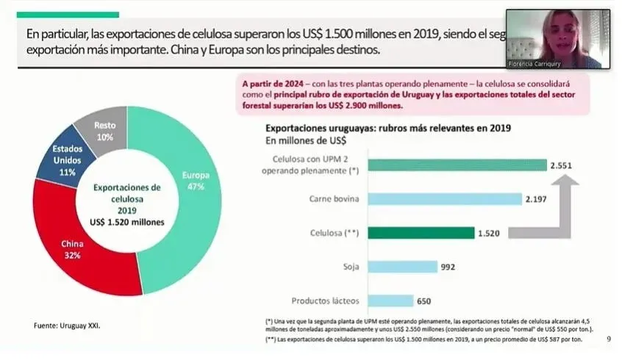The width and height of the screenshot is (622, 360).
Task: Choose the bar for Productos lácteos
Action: point(390,300)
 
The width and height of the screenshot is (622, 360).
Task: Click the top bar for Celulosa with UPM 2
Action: point(456,165)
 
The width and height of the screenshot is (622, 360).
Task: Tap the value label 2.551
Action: point(562,165)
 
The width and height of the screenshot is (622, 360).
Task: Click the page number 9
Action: point(608,339)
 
